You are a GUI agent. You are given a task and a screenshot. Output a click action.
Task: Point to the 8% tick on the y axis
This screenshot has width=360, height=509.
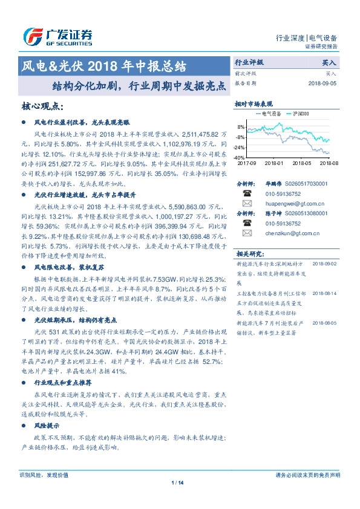point(240,127)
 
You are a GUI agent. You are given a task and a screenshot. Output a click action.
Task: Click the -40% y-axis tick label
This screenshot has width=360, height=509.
point(239,157)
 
